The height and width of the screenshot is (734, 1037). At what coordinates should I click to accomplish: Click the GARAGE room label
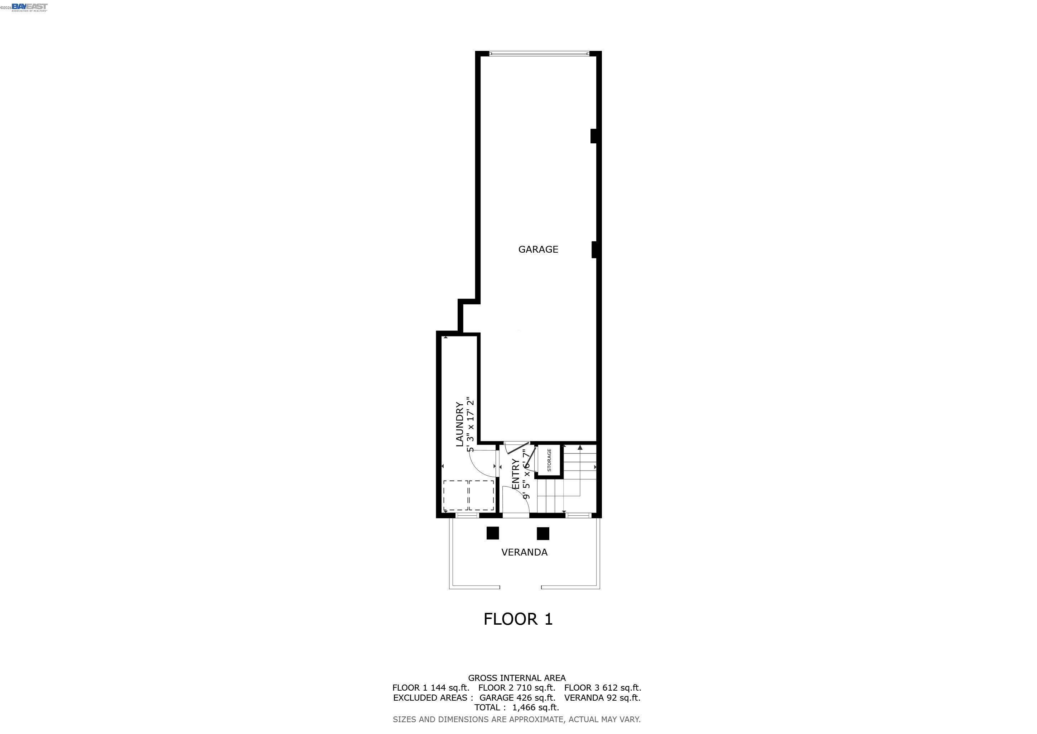coord(538,249)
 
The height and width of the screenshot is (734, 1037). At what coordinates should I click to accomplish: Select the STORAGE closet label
coord(549,460)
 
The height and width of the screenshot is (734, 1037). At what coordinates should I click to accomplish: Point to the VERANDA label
coord(524,552)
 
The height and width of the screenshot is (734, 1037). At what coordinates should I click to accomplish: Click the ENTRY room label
coord(516,474)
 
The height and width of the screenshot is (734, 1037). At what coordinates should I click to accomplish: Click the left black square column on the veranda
coord(492,533)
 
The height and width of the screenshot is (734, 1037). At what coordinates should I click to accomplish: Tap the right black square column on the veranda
coord(543,533)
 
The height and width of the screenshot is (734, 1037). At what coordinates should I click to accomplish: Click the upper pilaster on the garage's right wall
coord(594,136)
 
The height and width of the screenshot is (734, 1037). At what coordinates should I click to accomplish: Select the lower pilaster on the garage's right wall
coord(594,249)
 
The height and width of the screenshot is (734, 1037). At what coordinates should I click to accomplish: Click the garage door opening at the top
coord(539,54)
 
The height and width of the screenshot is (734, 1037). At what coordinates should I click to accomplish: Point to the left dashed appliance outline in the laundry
coord(456,495)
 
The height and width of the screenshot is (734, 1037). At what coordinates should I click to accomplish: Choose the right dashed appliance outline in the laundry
coord(482,495)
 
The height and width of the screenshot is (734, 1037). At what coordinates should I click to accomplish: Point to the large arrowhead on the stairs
coord(580,447)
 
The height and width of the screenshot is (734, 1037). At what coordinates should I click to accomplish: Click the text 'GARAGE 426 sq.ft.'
coord(517,697)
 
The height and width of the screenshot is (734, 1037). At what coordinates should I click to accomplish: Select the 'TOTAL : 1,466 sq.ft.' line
coord(517,707)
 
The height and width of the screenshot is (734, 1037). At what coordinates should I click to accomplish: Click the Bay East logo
coord(29,7)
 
